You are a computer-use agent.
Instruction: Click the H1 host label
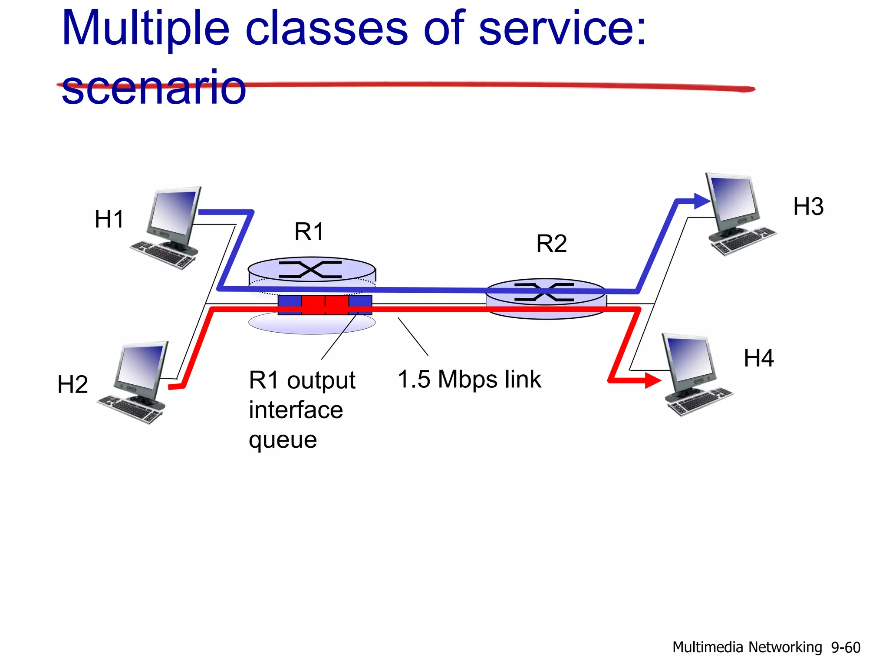(109, 219)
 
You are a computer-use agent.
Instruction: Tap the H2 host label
(72, 385)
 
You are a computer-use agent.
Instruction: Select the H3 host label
(808, 207)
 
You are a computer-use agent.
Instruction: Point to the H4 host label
(758, 358)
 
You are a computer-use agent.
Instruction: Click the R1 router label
(309, 231)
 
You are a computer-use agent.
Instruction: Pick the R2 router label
(551, 243)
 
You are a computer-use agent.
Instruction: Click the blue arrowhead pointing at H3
(701, 201)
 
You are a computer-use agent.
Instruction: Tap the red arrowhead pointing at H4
(652, 380)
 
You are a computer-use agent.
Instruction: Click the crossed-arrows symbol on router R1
(310, 270)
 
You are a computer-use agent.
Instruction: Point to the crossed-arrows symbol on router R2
(544, 292)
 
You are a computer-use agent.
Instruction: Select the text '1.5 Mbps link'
(469, 380)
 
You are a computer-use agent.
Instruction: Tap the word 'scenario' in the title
(154, 88)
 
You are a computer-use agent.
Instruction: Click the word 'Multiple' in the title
(145, 30)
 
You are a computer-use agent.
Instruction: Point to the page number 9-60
(845, 647)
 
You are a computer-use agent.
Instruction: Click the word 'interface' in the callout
(296, 410)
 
